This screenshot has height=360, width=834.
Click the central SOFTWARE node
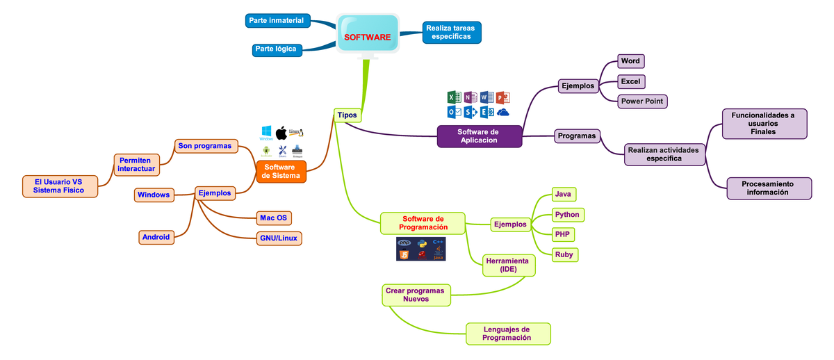pos(367,36)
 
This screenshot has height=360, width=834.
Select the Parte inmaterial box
pos(278,21)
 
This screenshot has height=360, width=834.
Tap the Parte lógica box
pos(275,49)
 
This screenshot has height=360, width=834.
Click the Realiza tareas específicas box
pos(451,31)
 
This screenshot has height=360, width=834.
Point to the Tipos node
pos(347,115)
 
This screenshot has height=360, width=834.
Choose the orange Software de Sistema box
pos(281,171)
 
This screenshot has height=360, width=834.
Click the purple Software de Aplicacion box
pos(479,136)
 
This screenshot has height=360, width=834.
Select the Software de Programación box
pos(423,222)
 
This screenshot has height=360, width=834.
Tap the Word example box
pos(630,61)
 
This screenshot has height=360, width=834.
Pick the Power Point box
pos(642,101)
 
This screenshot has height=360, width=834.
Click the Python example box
pos(567,214)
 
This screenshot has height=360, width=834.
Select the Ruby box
pos(564,255)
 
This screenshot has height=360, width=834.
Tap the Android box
pos(156,237)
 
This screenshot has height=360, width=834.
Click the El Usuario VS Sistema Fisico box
pos(58,186)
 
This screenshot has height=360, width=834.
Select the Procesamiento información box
pos(768,188)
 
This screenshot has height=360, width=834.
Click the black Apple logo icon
pos(281,133)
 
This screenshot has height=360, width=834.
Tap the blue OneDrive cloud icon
pos(503,112)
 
